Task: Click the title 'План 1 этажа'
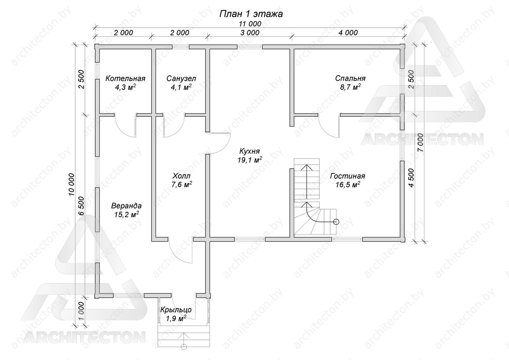(x=251, y=14)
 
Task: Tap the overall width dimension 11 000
(x=250, y=24)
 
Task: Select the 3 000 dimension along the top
(x=250, y=33)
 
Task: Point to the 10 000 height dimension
(x=71, y=184)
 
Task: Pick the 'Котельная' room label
(x=126, y=79)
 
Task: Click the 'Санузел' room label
(x=181, y=79)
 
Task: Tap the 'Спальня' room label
(x=350, y=78)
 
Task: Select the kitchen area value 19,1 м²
(x=250, y=160)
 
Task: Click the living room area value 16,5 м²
(x=348, y=185)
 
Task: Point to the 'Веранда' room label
(x=126, y=206)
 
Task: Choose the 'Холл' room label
(x=181, y=176)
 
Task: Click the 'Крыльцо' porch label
(x=176, y=310)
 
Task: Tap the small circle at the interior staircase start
(x=336, y=222)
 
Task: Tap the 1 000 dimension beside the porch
(x=81, y=311)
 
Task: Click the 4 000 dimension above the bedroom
(x=348, y=33)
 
